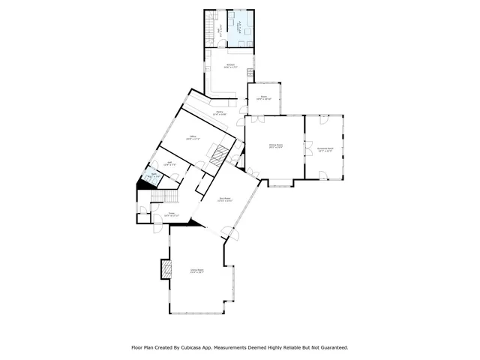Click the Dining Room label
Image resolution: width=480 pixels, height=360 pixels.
point(275,147)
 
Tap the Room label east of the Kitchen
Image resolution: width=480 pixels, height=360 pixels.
point(264,97)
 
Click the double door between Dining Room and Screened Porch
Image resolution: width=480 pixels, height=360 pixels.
point(305,145)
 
